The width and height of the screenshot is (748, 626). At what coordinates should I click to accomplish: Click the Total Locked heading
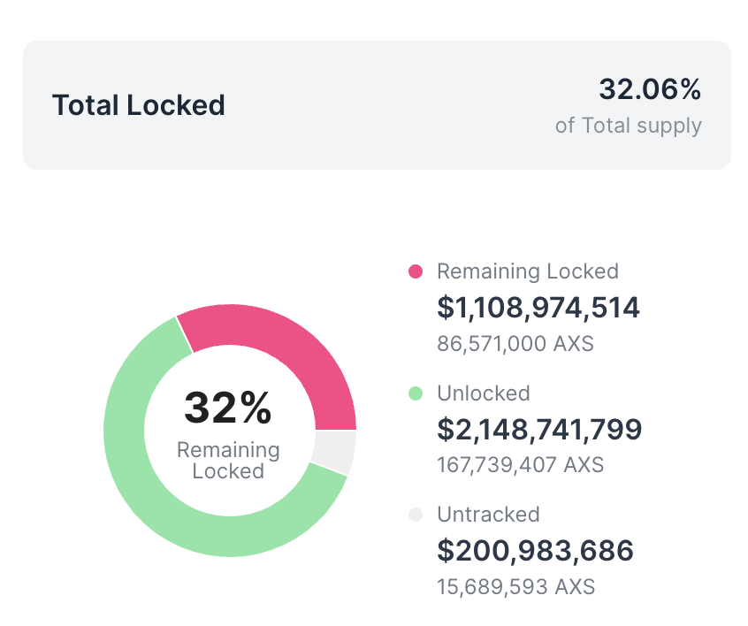pos(139,105)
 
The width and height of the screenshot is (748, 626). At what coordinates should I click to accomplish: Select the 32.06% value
pos(650,89)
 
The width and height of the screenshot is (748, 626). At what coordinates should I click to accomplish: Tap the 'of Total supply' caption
pos(628,126)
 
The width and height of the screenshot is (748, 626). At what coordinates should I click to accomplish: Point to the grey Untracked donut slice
pos(334,451)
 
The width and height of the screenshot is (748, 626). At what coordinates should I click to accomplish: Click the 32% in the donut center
pos(228,408)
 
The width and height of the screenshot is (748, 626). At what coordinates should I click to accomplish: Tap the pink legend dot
pos(416,271)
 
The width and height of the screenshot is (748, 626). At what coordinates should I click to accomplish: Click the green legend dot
pos(416,393)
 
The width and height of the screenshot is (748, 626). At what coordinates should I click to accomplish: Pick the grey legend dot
pos(416,515)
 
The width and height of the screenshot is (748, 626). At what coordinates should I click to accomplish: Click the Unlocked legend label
pos(484,393)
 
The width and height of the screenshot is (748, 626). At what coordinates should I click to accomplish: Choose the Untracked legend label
pos(488,515)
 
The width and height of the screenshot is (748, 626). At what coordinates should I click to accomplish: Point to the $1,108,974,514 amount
pos(538,308)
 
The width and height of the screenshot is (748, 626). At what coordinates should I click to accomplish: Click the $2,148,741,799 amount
pos(539,430)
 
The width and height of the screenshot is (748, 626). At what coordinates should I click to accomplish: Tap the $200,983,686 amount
pos(536,551)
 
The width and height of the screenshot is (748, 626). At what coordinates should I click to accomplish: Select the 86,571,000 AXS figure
pos(515,343)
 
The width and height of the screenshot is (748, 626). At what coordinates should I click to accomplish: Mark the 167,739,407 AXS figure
pos(521,464)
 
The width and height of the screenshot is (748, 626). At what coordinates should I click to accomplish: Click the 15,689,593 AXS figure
pos(516,585)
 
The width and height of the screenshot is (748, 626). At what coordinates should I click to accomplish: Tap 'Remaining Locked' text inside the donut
pos(228,461)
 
